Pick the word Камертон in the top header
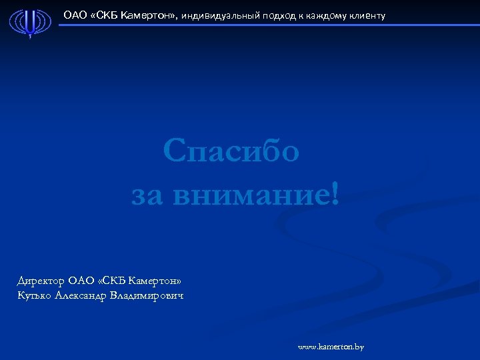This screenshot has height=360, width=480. [x=149, y=15]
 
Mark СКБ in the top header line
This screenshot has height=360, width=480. [x=107, y=15]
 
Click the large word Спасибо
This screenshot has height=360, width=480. [x=231, y=152]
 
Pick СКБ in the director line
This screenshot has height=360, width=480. [x=111, y=281]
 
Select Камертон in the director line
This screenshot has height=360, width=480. [x=153, y=281]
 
